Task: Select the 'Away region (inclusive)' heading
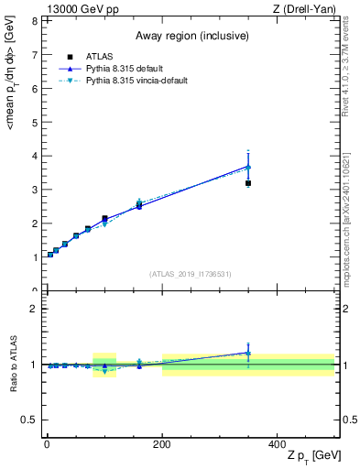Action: tap(189, 37)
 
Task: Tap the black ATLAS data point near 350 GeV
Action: tap(248, 183)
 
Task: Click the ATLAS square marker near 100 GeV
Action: tap(104, 219)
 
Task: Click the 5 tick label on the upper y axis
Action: tap(34, 122)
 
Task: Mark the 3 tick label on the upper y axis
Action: tap(34, 190)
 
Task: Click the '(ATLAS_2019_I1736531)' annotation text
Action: tap(191, 273)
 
